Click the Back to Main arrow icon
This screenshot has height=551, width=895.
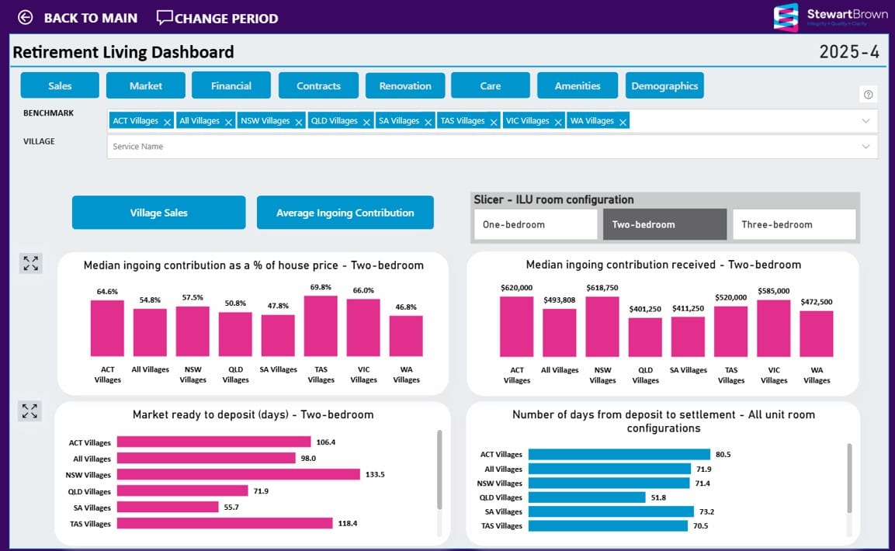[26, 17]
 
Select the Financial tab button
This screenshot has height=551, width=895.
[231, 85]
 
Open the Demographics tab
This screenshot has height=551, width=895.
[664, 85]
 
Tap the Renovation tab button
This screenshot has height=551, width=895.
[405, 85]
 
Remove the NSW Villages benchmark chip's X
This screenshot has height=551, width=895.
[300, 122]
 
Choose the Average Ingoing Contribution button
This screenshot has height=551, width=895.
[345, 213]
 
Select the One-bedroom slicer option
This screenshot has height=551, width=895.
[536, 224]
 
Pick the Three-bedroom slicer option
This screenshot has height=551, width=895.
[794, 224]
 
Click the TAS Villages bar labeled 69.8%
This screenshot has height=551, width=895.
[321, 326]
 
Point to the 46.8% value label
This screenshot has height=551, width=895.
[406, 307]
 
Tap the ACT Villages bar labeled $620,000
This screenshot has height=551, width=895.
[517, 326]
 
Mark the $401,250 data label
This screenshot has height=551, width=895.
[645, 309]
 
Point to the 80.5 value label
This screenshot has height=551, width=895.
[723, 455]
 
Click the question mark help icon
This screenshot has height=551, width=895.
[869, 95]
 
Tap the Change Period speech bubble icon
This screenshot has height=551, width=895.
[165, 17]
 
